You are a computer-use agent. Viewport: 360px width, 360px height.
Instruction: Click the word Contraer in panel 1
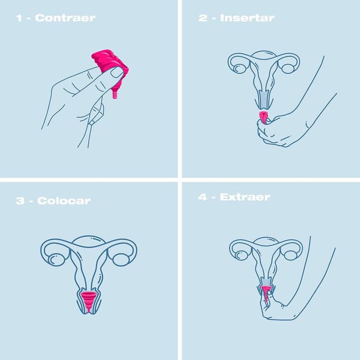[x=65, y=18]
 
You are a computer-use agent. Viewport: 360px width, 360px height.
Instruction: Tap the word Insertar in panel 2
[x=247, y=18]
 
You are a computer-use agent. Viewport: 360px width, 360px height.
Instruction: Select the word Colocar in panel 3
[x=64, y=201]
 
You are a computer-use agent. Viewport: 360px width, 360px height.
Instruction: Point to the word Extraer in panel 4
[x=245, y=197]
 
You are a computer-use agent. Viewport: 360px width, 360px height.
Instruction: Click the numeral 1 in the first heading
[x=19, y=18]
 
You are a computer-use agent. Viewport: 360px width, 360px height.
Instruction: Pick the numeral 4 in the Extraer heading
[x=202, y=197]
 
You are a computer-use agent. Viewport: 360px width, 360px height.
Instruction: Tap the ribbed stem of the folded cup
[x=115, y=93]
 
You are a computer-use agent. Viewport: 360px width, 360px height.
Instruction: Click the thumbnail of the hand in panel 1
[x=117, y=73]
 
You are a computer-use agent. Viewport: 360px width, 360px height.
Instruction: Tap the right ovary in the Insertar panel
[x=288, y=68]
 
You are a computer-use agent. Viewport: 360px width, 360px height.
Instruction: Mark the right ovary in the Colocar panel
[x=120, y=259]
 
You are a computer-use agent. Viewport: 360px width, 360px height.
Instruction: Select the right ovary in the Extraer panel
[x=290, y=254]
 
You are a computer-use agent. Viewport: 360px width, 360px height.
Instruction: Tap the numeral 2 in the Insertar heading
[x=202, y=18]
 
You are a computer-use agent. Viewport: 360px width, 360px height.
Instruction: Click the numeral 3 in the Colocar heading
[x=20, y=201]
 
